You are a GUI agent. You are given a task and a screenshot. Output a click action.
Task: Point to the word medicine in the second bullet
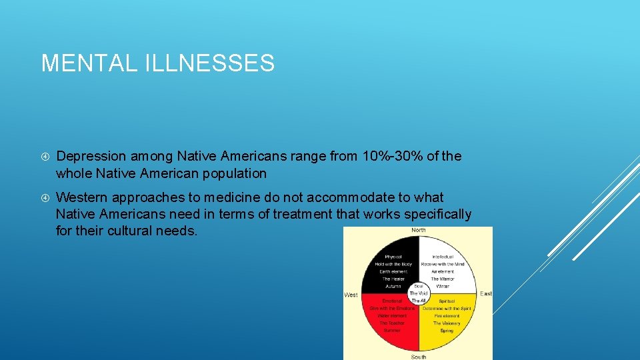point(237,197)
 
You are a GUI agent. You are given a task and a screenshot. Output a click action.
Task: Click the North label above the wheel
point(418,231)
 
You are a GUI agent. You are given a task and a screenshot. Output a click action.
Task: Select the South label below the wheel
point(418,357)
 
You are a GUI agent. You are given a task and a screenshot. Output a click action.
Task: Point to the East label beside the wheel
point(486,293)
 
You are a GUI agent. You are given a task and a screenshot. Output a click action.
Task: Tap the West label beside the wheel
point(351,294)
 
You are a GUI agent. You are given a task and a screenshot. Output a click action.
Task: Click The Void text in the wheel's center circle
point(418,293)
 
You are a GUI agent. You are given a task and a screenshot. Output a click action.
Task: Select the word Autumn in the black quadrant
point(393,286)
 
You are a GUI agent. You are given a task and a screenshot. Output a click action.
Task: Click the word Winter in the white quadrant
point(443,286)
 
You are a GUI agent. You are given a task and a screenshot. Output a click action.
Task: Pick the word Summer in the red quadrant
point(392,330)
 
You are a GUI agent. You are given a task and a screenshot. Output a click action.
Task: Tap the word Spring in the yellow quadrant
point(446,330)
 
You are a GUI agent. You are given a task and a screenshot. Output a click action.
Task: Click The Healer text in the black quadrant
point(393,279)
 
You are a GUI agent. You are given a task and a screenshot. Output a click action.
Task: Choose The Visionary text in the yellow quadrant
point(446,323)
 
